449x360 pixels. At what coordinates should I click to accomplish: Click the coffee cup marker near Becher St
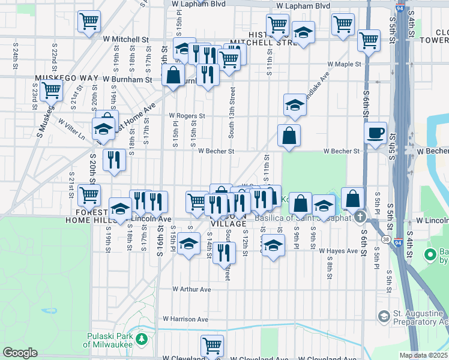pos(375,133)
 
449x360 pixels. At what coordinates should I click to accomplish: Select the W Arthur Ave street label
pos(191,289)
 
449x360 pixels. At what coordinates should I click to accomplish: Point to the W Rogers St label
pos(187,116)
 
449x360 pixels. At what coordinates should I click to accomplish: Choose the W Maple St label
pos(343,64)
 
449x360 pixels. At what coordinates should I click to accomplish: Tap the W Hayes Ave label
pos(338,250)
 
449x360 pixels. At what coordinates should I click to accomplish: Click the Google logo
pos(20,353)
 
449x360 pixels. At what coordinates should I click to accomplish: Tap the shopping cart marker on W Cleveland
pos(212,346)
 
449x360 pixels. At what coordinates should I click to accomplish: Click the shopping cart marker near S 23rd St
pos(50,90)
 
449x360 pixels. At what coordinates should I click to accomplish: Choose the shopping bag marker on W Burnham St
pos(173,76)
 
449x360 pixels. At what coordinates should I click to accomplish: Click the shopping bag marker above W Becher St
pos(289,136)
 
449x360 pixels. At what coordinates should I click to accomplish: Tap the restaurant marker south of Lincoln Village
pos(224,253)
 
